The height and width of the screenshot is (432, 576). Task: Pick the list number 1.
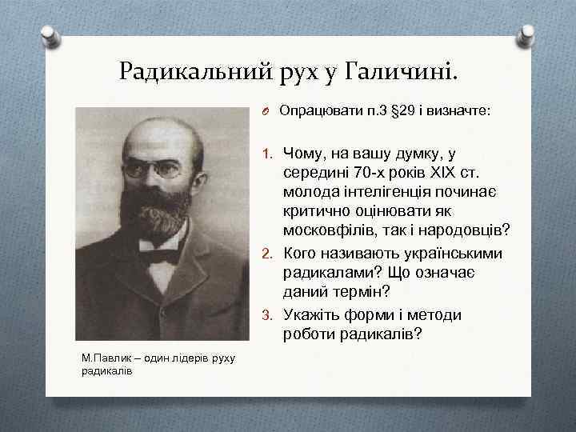[268, 152]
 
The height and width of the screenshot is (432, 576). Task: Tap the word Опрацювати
[314, 111]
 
